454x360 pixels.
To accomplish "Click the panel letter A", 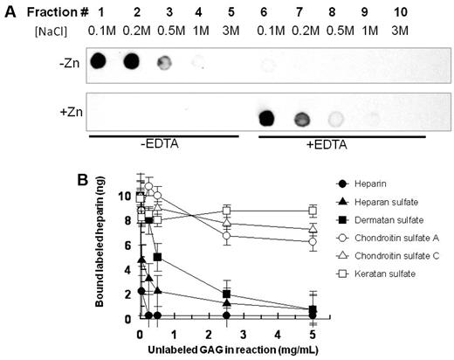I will [x=10, y=10].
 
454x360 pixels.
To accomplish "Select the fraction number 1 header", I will [x=100, y=10].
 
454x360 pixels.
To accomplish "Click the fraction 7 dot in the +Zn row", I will [x=301, y=118].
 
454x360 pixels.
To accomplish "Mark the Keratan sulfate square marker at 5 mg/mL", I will [x=312, y=210].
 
